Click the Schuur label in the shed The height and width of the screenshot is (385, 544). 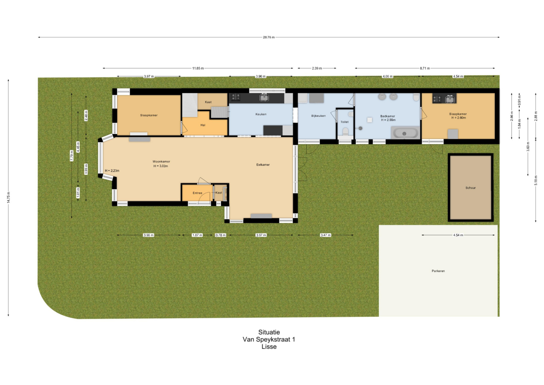[x=470, y=188]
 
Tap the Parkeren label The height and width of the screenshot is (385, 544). [x=438, y=271]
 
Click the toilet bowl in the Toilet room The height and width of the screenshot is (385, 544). [x=345, y=132]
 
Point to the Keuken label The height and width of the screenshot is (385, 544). [x=261, y=114]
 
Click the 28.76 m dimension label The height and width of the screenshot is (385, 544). [x=269, y=37]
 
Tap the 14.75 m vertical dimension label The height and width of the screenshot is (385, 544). [x=9, y=197]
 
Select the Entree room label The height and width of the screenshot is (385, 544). [x=197, y=193]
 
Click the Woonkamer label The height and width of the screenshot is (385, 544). [x=161, y=161]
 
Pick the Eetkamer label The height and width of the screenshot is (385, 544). [x=263, y=165]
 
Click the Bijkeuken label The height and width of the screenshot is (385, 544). [x=318, y=116]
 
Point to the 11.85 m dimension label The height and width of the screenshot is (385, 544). [x=198, y=68]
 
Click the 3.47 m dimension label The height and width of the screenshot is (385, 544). [x=326, y=235]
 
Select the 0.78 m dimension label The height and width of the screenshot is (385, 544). [x=221, y=235]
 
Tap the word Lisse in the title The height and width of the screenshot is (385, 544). [x=269, y=346]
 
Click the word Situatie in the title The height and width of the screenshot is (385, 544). [x=269, y=332]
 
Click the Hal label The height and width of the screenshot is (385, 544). [x=203, y=125]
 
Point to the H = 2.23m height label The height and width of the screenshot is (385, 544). [x=112, y=171]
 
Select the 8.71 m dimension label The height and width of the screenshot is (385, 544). [x=425, y=68]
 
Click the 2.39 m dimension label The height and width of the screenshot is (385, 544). [x=317, y=68]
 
